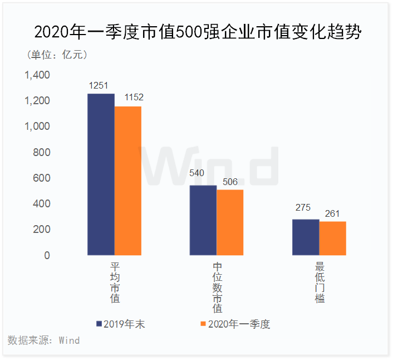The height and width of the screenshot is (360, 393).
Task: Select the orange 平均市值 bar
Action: [128, 181]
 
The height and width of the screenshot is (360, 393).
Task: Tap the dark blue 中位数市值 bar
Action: [203, 220]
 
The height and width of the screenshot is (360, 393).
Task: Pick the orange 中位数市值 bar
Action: [230, 222]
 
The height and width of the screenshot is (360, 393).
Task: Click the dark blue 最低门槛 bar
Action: [306, 237]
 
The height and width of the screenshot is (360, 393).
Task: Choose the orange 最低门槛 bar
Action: [332, 239]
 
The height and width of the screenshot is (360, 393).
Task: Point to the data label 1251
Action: [100, 85]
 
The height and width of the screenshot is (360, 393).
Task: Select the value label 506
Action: [229, 181]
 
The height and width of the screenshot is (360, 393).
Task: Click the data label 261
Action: [332, 213]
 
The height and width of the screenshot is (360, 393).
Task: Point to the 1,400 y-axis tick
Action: [37, 75]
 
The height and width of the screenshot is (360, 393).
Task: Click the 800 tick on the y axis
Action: [42, 153]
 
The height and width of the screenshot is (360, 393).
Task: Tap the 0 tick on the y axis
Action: [47, 256]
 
